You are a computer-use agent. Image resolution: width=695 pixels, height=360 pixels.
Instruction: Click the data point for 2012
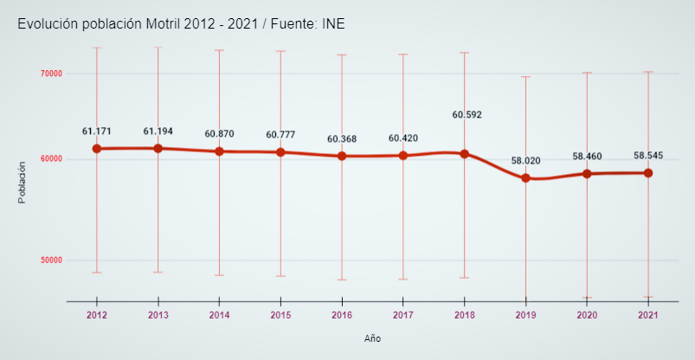97,149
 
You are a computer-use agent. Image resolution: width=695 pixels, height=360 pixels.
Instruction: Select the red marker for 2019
525,178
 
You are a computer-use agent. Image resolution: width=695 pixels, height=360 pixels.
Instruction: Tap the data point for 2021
648,173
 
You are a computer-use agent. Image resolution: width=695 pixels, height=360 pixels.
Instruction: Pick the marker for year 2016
342,156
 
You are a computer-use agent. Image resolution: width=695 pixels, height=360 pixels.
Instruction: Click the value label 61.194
158,132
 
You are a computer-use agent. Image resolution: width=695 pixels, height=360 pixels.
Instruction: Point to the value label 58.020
525,161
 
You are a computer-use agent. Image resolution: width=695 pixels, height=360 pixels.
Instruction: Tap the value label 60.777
280,135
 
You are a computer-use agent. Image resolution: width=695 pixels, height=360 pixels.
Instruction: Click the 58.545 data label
648,156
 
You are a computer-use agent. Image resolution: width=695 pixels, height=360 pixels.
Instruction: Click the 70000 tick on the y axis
51,74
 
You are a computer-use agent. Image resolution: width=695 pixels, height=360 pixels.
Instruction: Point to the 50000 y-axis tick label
51,260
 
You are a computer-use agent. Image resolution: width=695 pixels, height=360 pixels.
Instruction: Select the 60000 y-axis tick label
51,159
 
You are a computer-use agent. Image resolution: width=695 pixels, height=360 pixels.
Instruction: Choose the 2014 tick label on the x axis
219,315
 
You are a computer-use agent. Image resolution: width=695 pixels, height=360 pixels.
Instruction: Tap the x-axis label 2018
464,315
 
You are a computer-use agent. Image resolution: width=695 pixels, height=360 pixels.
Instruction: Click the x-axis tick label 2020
587,315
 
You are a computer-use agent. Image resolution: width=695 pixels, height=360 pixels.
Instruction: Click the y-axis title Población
23,183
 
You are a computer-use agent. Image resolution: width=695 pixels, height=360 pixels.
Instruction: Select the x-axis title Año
372,338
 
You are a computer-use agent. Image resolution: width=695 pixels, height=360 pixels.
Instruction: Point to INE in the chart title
333,24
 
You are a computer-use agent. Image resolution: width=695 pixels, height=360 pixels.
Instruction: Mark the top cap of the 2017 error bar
403,55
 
